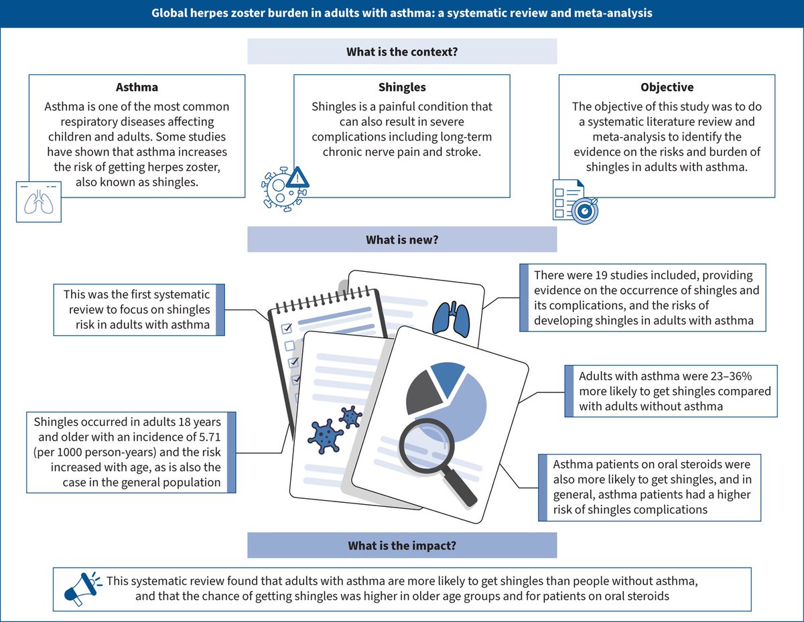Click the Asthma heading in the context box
tap(137, 87)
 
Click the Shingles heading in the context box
tap(402, 87)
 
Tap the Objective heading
tap(667, 87)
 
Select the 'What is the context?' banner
tap(402, 52)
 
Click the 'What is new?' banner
tap(402, 239)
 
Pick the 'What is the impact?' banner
tap(402, 545)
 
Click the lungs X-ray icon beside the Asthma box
tap(38, 200)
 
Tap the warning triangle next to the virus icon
tap(297, 178)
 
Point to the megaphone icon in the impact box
tap(79, 587)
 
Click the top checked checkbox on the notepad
tap(287, 328)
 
